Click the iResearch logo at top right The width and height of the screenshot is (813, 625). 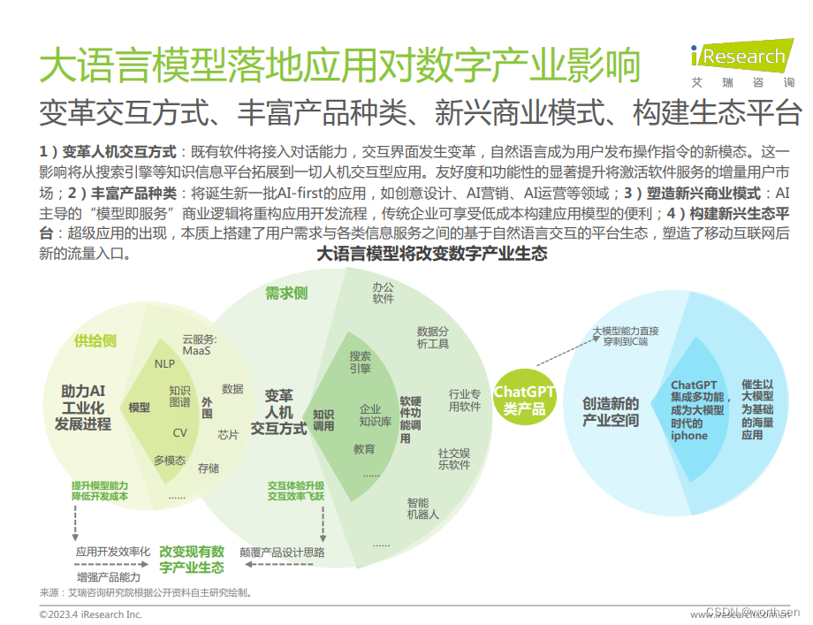(742, 64)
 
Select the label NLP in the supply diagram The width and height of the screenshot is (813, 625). (164, 363)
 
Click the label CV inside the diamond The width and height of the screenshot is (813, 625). (179, 432)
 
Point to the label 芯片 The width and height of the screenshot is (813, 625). (228, 435)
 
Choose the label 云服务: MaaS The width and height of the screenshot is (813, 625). (200, 345)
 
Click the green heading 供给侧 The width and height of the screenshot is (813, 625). (95, 340)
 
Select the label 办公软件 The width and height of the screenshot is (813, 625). (383, 293)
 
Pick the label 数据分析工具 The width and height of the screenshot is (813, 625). (433, 337)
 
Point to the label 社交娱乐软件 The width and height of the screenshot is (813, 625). (454, 458)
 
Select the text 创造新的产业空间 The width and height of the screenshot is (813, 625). (610, 411)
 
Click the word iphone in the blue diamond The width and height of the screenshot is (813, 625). (688, 435)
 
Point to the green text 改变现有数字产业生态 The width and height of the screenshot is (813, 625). (192, 560)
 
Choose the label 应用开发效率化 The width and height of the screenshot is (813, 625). (113, 553)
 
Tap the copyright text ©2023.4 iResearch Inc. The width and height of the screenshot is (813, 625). (90, 614)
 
